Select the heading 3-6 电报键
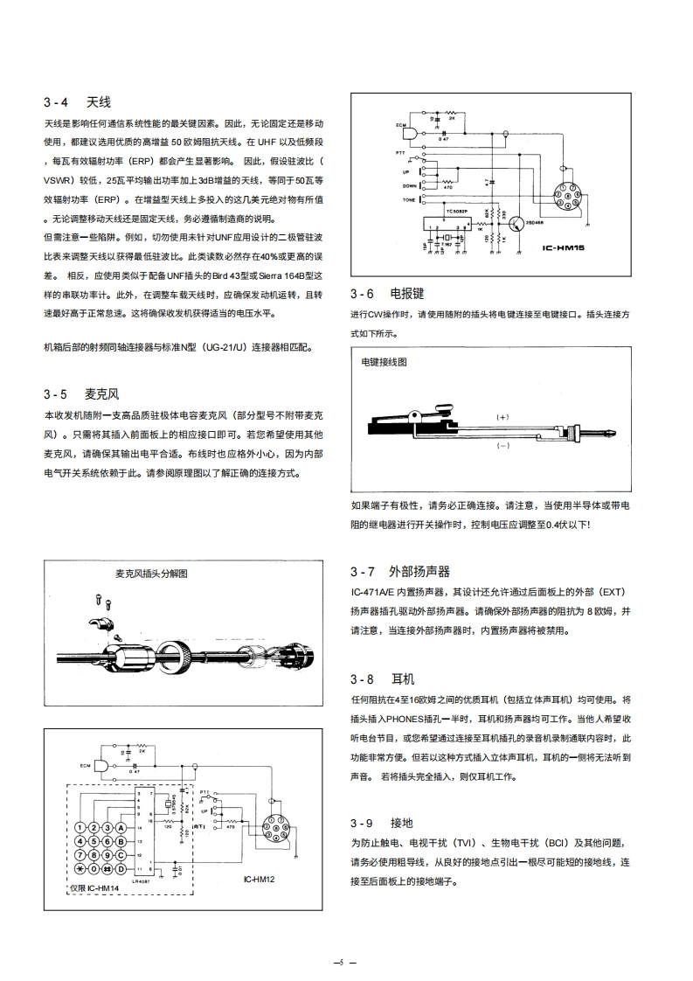pyautogui.click(x=387, y=294)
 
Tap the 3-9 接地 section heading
pyautogui.click(x=381, y=823)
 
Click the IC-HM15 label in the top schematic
pyautogui.click(x=563, y=248)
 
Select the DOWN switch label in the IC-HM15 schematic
pyautogui.click(x=409, y=185)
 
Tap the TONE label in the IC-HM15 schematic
pyautogui.click(x=409, y=200)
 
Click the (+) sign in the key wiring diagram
pyautogui.click(x=502, y=417)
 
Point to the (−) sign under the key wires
pyautogui.click(x=502, y=445)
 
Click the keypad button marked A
pyautogui.click(x=122, y=827)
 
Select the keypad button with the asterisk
pyautogui.click(x=81, y=870)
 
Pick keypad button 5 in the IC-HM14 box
pyautogui.click(x=94, y=841)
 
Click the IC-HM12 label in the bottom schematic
pyautogui.click(x=260, y=879)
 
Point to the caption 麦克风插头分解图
pyautogui.click(x=151, y=574)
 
